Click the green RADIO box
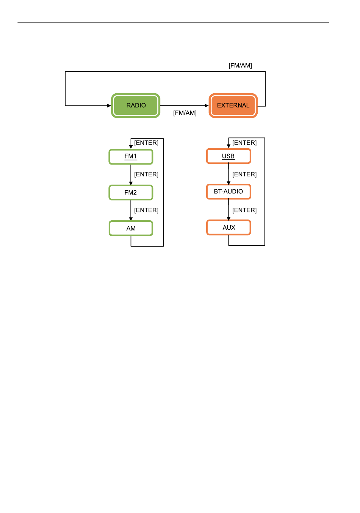click(136, 105)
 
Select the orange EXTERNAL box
click(233, 105)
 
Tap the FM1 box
click(131, 157)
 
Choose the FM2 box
click(131, 193)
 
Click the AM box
click(131, 228)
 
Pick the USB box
click(229, 156)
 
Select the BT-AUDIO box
click(229, 192)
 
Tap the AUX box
click(229, 227)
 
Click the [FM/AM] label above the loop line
click(240, 66)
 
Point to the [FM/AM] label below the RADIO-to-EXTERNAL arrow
click(185, 113)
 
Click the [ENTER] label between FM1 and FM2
click(146, 174)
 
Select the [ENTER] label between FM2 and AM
click(146, 210)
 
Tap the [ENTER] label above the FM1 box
click(146, 143)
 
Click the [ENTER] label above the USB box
click(244, 143)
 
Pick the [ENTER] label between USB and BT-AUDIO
click(244, 174)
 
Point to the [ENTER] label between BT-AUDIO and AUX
click(244, 210)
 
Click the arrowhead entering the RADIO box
click(109, 106)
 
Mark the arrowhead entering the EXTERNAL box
click(207, 106)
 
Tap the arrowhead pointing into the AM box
click(131, 219)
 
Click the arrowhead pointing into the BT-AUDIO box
click(229, 183)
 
